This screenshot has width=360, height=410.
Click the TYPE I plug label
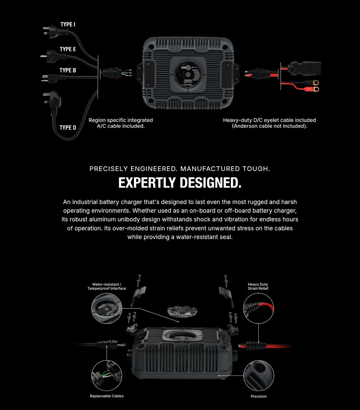(67, 25)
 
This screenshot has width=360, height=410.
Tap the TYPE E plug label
(67, 49)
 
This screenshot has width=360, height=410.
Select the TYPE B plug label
(67, 70)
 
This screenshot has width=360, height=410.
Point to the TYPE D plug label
(67, 128)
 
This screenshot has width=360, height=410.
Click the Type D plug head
(53, 101)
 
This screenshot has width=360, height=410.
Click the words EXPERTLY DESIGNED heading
(180, 183)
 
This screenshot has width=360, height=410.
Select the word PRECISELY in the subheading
(111, 169)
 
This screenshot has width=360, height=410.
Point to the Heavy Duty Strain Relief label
(258, 287)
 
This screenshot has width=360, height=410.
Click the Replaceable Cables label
(107, 396)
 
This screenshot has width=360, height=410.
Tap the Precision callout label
(258, 396)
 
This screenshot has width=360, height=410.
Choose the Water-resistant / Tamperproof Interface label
(107, 287)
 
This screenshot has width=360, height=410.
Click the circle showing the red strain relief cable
(258, 308)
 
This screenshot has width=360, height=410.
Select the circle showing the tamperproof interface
(107, 308)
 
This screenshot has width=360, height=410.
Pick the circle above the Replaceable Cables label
(107, 376)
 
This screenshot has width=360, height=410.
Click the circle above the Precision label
(258, 376)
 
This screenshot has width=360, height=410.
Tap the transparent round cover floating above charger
(182, 311)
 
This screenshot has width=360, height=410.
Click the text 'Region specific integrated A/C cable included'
(121, 123)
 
